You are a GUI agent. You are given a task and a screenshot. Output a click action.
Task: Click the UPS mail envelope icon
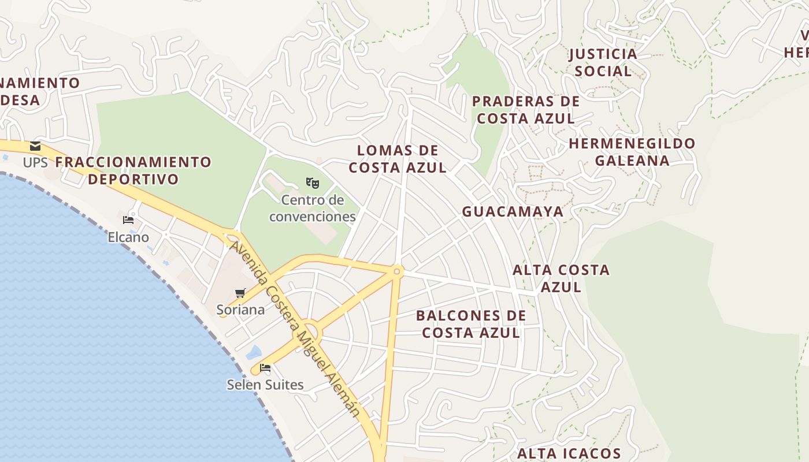36,146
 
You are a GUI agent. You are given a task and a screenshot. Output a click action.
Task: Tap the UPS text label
35,163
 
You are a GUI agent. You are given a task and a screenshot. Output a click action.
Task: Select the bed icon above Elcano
128,220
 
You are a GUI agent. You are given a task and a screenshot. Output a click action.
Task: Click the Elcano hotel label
128,237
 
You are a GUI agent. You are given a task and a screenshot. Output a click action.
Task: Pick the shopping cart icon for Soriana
240,293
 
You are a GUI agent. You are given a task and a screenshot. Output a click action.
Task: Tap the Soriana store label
240,310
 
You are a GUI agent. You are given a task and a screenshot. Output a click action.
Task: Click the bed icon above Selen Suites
265,367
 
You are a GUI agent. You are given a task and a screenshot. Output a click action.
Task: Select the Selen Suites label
265,385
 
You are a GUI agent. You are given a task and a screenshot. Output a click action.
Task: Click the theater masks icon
313,184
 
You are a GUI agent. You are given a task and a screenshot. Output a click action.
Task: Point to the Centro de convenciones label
313,208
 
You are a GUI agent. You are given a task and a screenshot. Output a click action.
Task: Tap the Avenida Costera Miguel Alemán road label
295,329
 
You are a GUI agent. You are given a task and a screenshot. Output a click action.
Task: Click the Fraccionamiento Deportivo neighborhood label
133,170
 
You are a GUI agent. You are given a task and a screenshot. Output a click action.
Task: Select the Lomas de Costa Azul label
398,159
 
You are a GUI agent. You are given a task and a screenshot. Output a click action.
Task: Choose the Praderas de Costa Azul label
526,110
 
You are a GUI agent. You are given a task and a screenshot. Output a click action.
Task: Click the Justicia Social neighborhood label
603,63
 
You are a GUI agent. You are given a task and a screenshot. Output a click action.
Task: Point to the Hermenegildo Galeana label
632,152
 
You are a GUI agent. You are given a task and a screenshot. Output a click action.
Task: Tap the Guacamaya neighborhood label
513,212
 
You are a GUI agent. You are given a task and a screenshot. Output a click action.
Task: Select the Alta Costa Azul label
561,278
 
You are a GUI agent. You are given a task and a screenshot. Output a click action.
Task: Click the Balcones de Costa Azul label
471,324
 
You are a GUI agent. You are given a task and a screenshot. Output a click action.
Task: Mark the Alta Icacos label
569,454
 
